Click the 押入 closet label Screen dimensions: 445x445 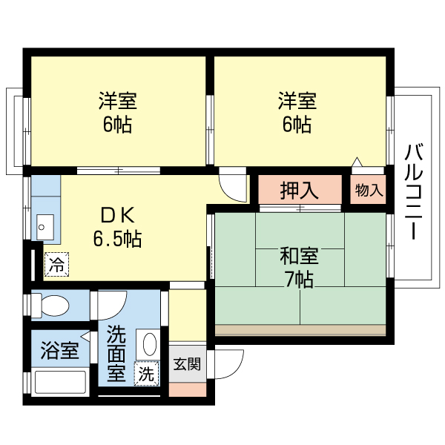300,190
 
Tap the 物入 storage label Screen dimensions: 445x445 369,190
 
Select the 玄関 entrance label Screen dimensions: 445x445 188,364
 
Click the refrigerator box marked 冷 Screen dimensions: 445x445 56,264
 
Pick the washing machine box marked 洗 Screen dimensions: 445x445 146,374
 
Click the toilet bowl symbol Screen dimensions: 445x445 55,306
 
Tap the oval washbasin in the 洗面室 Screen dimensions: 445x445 150,344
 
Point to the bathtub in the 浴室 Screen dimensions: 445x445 60,382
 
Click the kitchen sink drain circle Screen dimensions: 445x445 42,227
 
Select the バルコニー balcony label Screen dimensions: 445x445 414,192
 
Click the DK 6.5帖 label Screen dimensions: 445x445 117,228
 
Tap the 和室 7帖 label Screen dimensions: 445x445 300,268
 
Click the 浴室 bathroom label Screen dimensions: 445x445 59,351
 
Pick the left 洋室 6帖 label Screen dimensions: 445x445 117,113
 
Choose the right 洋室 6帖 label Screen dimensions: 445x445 297,113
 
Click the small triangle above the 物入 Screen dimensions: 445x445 357,162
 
